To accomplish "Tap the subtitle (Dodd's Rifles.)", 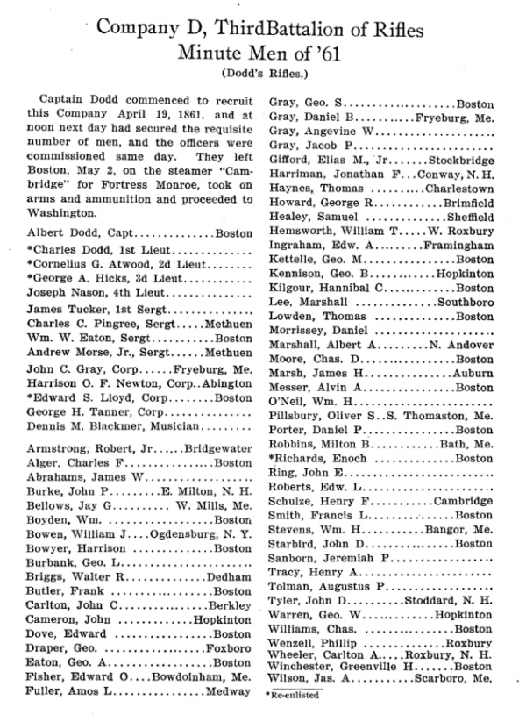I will pos(262,72).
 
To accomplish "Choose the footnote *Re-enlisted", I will pos(293,694).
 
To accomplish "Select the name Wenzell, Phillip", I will pos(311,643).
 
